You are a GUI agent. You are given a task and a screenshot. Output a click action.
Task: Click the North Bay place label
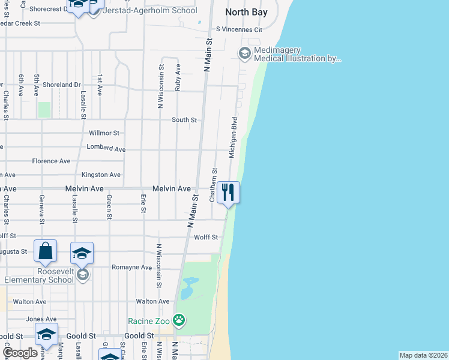coord(246,11)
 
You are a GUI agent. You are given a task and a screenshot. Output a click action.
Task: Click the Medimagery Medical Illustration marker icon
coord(244,53)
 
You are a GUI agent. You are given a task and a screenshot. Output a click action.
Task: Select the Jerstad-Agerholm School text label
coord(150,10)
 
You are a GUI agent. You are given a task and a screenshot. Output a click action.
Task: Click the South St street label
coord(184,120)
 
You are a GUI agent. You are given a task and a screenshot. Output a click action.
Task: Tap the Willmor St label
coord(104,133)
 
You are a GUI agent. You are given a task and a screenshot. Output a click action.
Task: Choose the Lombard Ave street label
coord(106,148)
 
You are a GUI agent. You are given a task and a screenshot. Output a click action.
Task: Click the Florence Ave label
coord(51,161)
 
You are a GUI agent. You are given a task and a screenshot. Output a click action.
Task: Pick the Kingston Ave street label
coord(101,175)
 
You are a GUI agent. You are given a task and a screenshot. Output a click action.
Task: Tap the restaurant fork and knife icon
coord(228,192)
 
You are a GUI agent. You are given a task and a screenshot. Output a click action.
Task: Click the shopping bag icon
coord(46,251)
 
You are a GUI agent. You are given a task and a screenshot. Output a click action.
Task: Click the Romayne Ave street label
coord(132,267)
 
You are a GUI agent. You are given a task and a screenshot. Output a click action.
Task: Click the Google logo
coord(19,353)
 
